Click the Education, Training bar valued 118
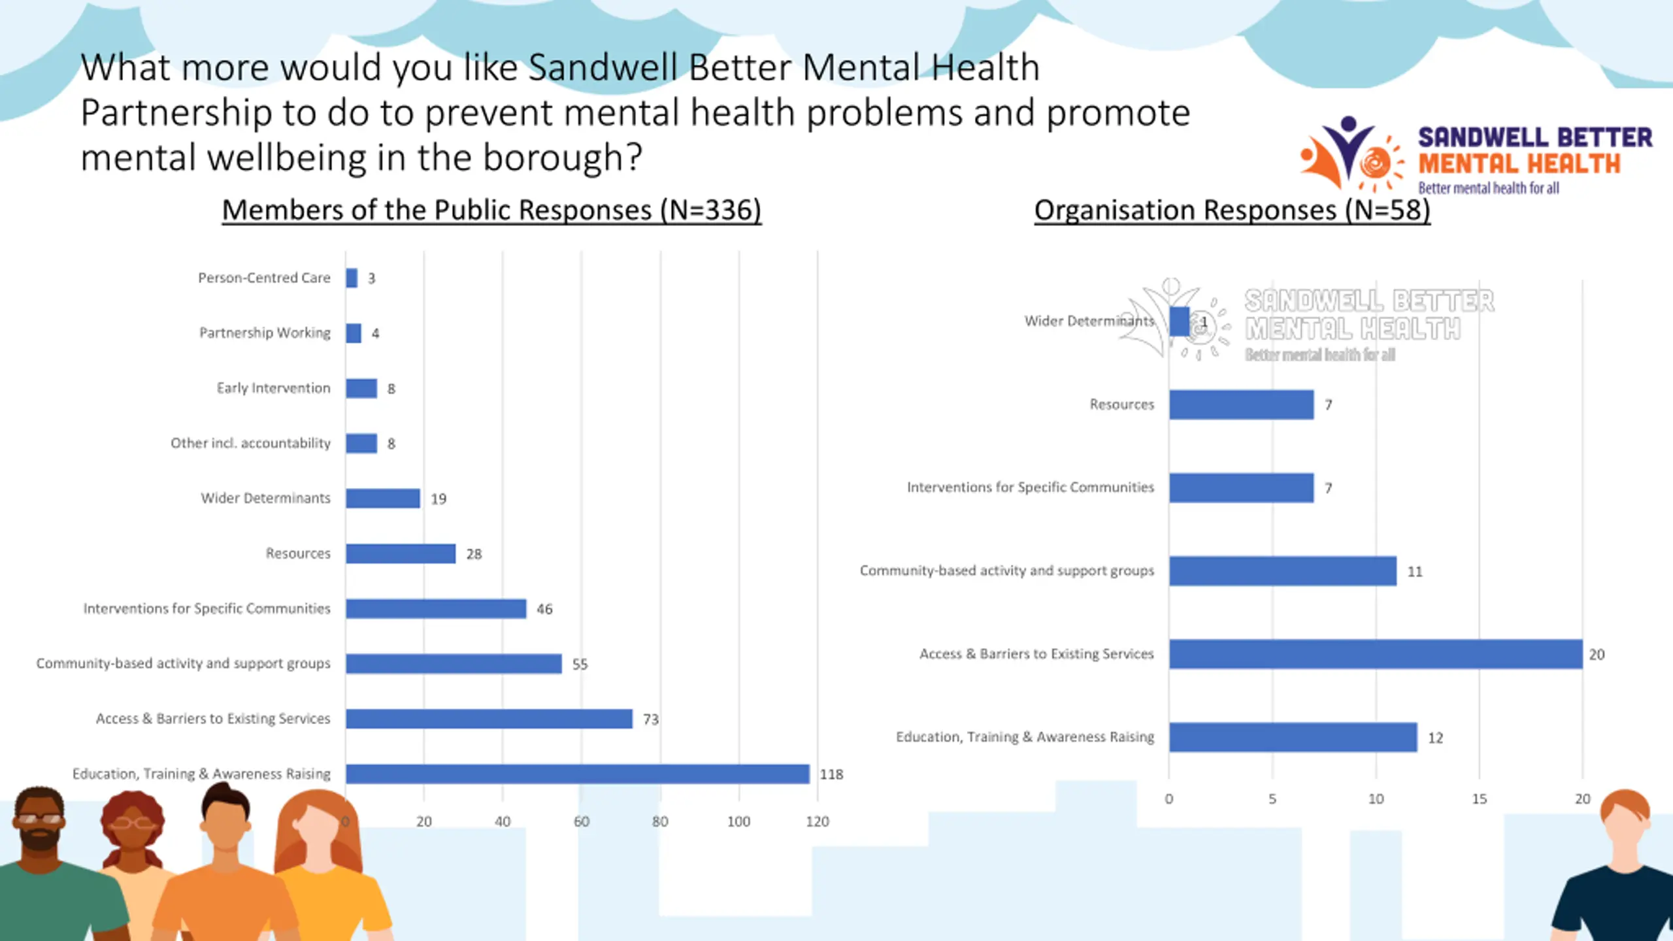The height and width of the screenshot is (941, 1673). tap(578, 774)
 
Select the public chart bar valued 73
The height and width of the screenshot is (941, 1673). tap(489, 719)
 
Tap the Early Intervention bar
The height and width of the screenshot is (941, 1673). tap(361, 388)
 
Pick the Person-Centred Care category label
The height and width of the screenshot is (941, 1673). tap(264, 278)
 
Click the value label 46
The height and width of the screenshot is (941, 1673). tap(544, 609)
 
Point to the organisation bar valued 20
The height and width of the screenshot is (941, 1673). tap(1376, 654)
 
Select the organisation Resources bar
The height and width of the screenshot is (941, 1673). tap(1242, 404)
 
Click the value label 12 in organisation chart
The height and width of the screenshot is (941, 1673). tap(1435, 738)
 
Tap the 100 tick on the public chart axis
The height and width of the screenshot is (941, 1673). tap(738, 821)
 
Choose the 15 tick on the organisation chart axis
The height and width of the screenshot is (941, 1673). tap(1479, 799)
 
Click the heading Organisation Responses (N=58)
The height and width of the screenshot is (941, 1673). tap(1232, 210)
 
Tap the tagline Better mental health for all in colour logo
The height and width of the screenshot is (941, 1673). tap(1488, 188)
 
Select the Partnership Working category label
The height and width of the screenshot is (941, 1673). tap(265, 333)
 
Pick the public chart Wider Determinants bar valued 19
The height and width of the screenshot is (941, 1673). tap(383, 499)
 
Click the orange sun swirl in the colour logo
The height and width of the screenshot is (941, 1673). tap(1375, 163)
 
